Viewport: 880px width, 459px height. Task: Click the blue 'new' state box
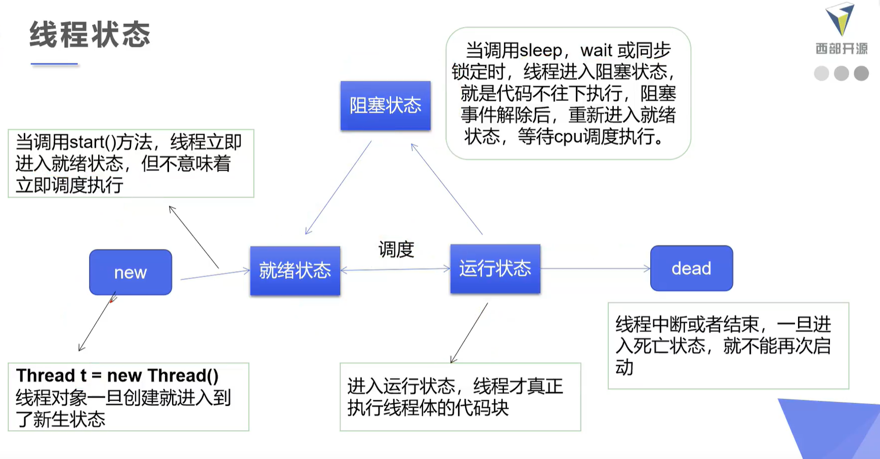click(131, 272)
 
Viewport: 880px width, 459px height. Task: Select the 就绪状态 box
click(295, 271)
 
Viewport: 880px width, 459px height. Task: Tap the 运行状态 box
click(495, 268)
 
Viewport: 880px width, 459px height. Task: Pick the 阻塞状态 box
click(385, 105)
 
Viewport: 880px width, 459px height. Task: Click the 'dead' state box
click(691, 268)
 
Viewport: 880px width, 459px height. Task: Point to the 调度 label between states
click(396, 249)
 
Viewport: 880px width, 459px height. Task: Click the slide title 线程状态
click(90, 35)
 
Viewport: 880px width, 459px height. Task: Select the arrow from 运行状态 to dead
click(595, 268)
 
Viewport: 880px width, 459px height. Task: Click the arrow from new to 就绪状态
click(215, 274)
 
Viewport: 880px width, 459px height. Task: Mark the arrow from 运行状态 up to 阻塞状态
click(446, 189)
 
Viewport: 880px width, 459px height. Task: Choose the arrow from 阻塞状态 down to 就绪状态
click(338, 188)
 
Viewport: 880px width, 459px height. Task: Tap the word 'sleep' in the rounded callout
click(541, 51)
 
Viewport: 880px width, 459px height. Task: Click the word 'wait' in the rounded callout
click(597, 51)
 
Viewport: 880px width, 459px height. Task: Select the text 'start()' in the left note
click(93, 142)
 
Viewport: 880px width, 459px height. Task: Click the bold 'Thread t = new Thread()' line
click(117, 375)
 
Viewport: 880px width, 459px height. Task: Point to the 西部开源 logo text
click(841, 49)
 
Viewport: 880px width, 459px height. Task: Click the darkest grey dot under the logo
click(861, 73)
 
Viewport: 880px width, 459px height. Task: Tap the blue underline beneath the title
click(54, 64)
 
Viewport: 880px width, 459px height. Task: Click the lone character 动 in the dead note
click(624, 367)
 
